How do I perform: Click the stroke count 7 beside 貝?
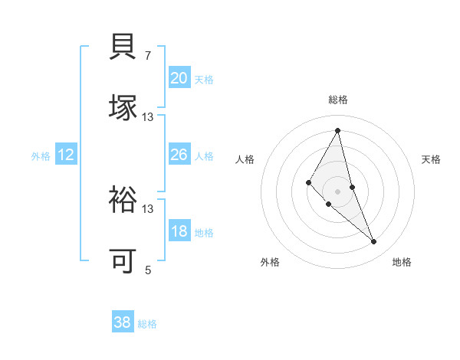pyautogui.click(x=148, y=56)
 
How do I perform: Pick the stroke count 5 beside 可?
pyautogui.click(x=148, y=270)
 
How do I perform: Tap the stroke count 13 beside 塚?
pyautogui.click(x=148, y=116)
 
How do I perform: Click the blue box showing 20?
pyautogui.click(x=179, y=78)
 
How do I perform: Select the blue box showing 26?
pyautogui.click(x=179, y=155)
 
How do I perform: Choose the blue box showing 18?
pyautogui.click(x=179, y=231)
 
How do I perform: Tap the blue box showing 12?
pyautogui.click(x=66, y=155)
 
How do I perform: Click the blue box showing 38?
pyautogui.click(x=123, y=322)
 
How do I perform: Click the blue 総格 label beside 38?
pyautogui.click(x=147, y=324)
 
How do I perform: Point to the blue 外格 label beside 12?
pyautogui.click(x=41, y=156)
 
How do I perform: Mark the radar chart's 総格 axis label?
pyautogui.click(x=338, y=100)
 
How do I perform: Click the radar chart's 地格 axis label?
pyautogui.click(x=402, y=262)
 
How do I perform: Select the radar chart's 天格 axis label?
pyautogui.click(x=432, y=159)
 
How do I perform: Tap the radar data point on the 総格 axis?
pyautogui.click(x=338, y=130)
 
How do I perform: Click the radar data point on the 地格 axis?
pyautogui.click(x=374, y=242)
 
